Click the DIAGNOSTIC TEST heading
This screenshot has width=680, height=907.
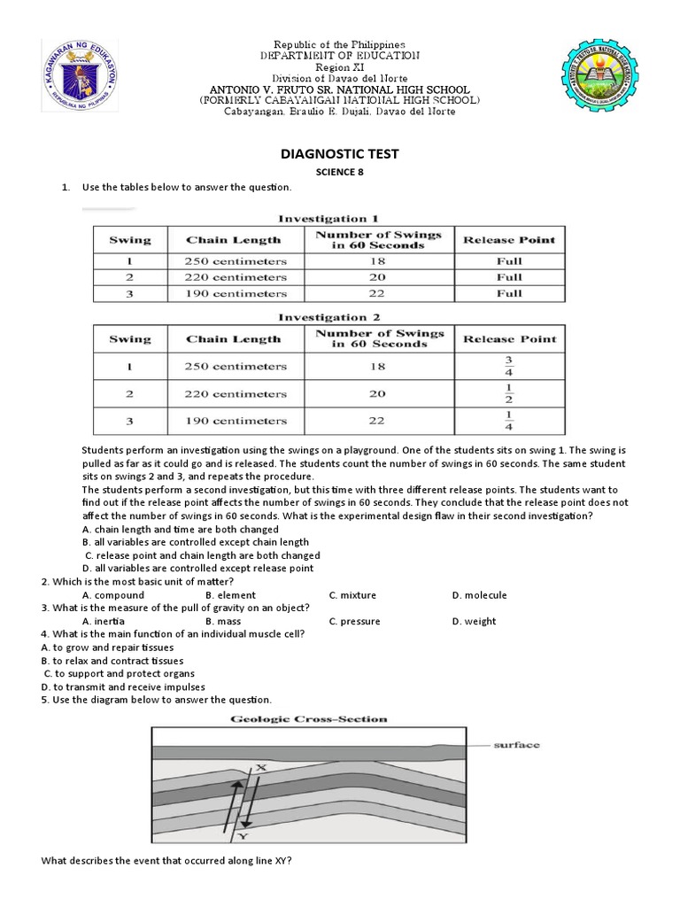[340, 154]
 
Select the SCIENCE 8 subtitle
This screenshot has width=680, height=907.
[340, 173]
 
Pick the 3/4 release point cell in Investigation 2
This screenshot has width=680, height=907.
[509, 366]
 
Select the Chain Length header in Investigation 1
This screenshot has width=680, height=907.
[234, 240]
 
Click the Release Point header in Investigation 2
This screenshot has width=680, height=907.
[509, 339]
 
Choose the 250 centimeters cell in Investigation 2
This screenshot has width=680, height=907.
[235, 366]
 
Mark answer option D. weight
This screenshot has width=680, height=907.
[474, 621]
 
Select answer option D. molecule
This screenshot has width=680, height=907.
[479, 595]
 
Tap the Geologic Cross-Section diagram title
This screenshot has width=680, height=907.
[309, 719]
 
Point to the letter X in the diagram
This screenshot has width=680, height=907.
[261, 768]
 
